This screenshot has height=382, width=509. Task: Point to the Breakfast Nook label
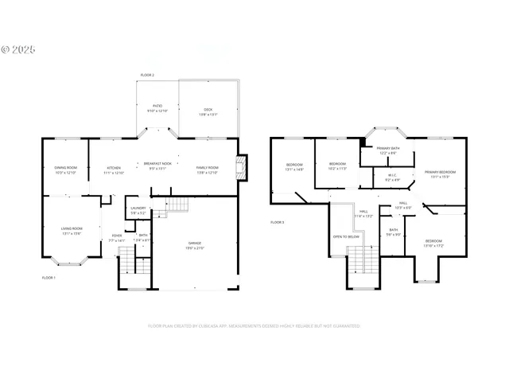click(157, 165)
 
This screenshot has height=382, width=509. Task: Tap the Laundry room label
click(138, 210)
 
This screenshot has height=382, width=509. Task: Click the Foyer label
click(116, 237)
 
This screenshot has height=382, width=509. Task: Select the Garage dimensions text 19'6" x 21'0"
click(196, 248)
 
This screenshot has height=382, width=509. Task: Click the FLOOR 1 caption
click(49, 278)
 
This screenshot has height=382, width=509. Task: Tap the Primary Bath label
click(388, 150)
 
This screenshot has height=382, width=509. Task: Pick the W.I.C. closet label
click(391, 177)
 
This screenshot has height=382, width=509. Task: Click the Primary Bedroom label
click(440, 173)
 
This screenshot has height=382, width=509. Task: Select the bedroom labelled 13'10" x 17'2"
click(433, 243)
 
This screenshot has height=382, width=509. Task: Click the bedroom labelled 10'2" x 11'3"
click(338, 166)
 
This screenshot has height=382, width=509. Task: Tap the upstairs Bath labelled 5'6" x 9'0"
click(393, 232)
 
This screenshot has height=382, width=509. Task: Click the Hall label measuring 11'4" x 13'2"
click(363, 213)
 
